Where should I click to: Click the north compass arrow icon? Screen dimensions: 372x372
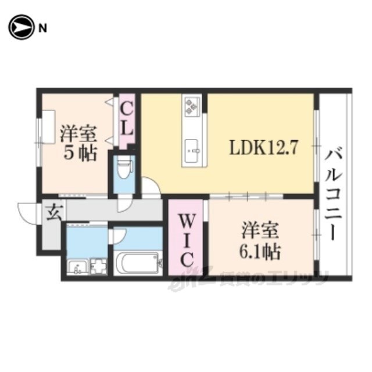tap(21, 27)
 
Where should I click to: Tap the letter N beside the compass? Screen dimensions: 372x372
tap(42, 27)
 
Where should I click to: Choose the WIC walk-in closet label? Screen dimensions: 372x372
tap(185, 241)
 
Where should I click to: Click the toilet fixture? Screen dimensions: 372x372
tap(123, 169)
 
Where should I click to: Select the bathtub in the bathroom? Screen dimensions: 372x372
tap(138, 263)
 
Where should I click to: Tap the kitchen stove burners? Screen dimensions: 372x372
tap(192, 107)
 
